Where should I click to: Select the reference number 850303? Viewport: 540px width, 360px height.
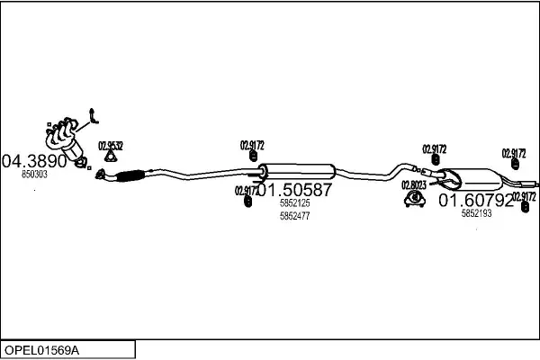[x=34, y=175]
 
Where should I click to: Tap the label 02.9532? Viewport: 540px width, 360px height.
[x=111, y=145]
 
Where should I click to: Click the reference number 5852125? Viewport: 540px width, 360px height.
[x=294, y=203]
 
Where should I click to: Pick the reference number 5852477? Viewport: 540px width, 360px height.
[x=294, y=216]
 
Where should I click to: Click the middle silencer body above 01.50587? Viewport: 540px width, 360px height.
[x=297, y=171]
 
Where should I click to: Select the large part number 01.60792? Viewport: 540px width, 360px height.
[x=475, y=200]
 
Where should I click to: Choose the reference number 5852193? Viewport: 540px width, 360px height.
[x=476, y=213]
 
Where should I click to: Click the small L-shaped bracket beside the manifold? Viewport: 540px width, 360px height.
[x=94, y=116]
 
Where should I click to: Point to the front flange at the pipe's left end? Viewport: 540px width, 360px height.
[x=102, y=176]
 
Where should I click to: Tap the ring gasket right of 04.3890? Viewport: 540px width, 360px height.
[x=81, y=163]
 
